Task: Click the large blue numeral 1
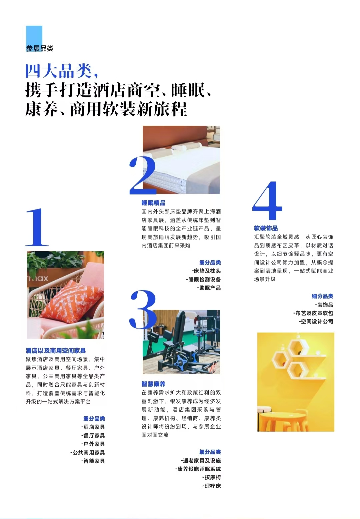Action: tap(37, 227)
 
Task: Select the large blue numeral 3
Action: tap(143, 309)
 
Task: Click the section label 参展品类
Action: tap(40, 49)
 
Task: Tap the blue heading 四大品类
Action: tap(59, 71)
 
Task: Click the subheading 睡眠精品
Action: tap(153, 203)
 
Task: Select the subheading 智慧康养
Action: tap(153, 384)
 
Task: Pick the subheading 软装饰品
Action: tap(266, 228)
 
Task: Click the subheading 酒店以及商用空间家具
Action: tap(56, 351)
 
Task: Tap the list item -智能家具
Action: tap(93, 461)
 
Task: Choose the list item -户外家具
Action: tap(93, 444)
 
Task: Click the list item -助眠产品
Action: tap(209, 288)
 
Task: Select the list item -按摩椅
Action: tap(211, 477)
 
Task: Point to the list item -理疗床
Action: tap(211, 486)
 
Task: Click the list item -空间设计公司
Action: tap(316, 322)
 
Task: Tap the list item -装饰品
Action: tap(324, 305)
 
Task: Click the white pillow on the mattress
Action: tap(180, 147)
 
